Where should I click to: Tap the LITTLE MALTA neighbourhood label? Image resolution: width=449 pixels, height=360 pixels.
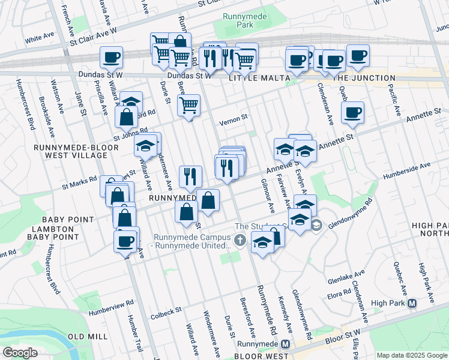[258, 78]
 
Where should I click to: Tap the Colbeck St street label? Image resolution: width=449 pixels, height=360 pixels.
[166, 311]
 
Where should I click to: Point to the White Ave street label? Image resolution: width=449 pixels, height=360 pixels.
[40, 39]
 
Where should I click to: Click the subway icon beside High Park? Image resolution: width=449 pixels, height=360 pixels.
[412, 304]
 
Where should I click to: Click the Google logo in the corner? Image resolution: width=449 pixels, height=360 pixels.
[20, 353]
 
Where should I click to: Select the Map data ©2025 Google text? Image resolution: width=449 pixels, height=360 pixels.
[412, 355]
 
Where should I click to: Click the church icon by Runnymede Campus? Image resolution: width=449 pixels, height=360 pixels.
[240, 241]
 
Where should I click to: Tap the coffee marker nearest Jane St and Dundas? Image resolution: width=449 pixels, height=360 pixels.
[111, 58]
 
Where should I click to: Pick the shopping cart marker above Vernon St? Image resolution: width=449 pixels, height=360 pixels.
[189, 106]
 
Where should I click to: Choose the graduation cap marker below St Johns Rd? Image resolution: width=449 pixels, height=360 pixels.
[145, 145]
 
